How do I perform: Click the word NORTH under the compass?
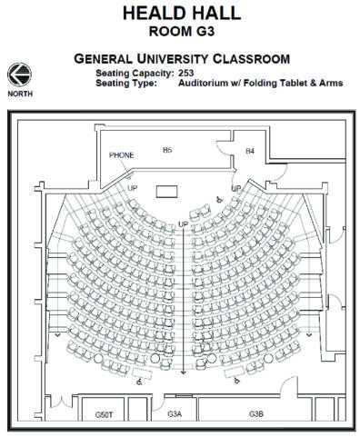coord(17,94)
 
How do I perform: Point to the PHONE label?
coord(121,155)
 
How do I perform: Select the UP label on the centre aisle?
coord(183,223)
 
